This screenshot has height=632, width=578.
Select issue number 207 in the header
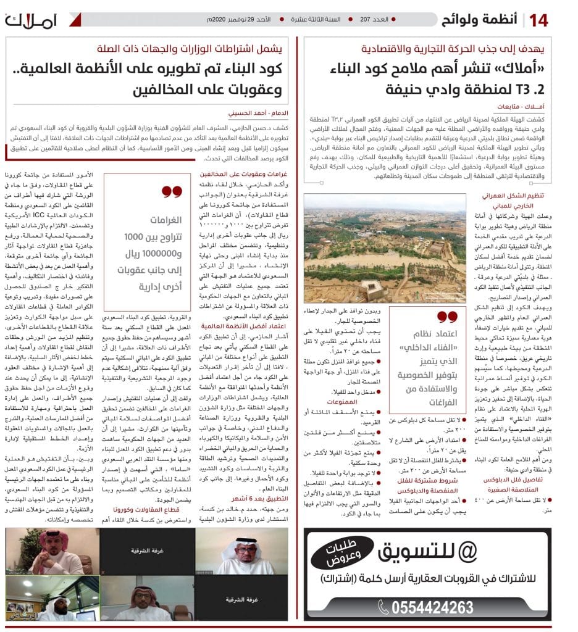coord(374,20)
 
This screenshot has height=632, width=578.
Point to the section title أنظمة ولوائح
coord(481,20)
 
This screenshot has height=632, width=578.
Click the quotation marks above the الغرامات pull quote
coord(172,192)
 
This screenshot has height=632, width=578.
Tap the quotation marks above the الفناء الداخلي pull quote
coord(445,317)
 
